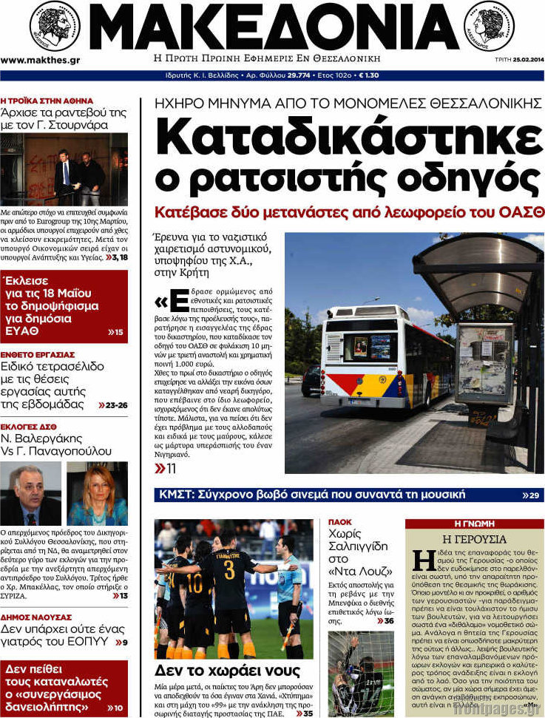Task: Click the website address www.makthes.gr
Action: [40, 60]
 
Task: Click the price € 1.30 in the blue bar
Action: [368, 75]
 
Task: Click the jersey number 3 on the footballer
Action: [229, 569]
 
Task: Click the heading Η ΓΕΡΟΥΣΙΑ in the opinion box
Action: [474, 539]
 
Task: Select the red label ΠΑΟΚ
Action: [339, 522]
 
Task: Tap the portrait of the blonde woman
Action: [97, 493]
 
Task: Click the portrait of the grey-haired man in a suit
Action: [30, 493]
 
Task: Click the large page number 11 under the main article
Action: [166, 469]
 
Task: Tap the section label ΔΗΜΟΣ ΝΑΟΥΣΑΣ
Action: [36, 617]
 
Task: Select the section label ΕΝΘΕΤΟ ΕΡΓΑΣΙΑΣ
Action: [38, 354]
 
